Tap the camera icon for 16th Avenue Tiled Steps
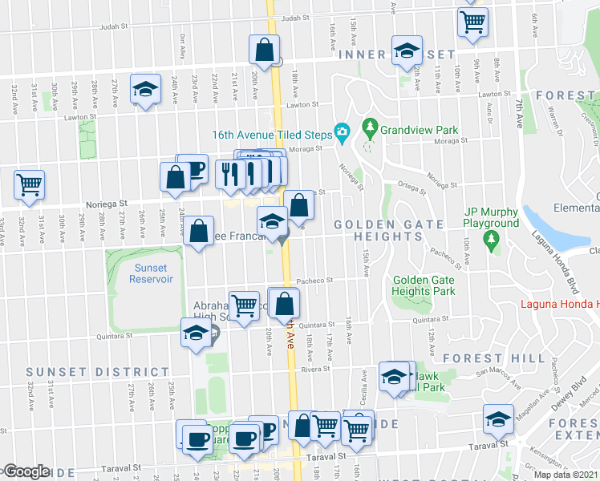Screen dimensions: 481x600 343,132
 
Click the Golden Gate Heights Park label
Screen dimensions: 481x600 424,285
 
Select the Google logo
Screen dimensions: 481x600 26,471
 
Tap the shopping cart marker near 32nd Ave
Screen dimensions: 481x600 30,184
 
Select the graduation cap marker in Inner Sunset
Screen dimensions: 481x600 407,51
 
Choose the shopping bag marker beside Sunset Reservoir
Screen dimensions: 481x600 199,232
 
